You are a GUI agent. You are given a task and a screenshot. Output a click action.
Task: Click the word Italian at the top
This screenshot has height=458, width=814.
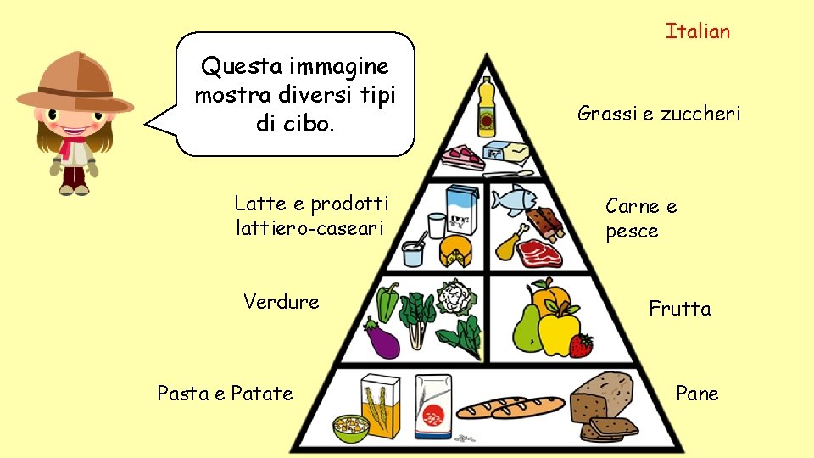tap(697, 32)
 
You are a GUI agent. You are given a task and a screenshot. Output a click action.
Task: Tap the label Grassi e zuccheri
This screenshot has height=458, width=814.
tap(658, 113)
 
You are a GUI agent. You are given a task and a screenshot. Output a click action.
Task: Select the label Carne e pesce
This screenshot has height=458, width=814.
tap(641, 218)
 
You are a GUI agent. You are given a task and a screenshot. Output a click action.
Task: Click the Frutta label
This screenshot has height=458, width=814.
tap(679, 309)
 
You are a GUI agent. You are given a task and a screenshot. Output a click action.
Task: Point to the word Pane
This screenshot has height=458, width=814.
tap(697, 394)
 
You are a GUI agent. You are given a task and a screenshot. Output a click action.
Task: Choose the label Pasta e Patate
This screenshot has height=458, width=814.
tap(225, 394)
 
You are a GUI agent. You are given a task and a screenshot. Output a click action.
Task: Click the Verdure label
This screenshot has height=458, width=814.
tap(281, 302)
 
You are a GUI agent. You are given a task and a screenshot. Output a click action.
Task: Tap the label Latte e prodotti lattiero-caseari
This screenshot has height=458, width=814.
tap(311, 215)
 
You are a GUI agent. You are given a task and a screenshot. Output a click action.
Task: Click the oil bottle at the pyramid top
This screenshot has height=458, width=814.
tap(486, 107)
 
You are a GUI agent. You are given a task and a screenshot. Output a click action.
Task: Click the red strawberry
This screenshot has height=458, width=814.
tap(581, 344)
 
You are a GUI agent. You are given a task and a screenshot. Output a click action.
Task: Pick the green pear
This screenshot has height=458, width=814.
tap(526, 327)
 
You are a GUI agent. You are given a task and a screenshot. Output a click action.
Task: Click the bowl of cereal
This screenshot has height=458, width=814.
tap(350, 427)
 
